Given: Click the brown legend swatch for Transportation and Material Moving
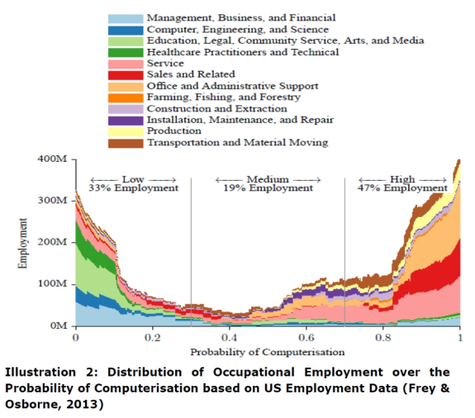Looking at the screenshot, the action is pyautogui.click(x=126, y=143).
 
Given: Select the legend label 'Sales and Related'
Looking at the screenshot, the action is pyautogui.click(x=191, y=74).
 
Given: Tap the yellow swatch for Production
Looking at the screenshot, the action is pyautogui.click(x=126, y=132).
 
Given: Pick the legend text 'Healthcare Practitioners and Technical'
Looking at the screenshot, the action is pyautogui.click(x=243, y=52).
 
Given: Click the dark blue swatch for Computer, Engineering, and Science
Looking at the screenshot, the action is pyautogui.click(x=126, y=31).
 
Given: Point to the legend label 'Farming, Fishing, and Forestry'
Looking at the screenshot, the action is pyautogui.click(x=224, y=97).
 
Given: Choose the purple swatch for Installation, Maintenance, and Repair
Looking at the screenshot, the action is pyautogui.click(x=126, y=121).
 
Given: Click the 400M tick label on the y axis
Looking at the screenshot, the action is pyautogui.click(x=52, y=159).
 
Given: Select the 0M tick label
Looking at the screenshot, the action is pyautogui.click(x=59, y=325).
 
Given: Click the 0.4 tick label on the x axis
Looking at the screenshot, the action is pyautogui.click(x=230, y=338).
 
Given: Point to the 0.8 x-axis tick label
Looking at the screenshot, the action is pyautogui.click(x=383, y=338).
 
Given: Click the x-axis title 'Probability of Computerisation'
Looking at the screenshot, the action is pyautogui.click(x=267, y=352).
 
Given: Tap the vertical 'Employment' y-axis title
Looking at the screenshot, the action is pyautogui.click(x=23, y=243).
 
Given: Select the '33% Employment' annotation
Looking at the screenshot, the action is pyautogui.click(x=133, y=188).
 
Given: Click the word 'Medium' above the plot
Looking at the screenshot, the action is pyautogui.click(x=268, y=179).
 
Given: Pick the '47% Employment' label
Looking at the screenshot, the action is pyautogui.click(x=402, y=188).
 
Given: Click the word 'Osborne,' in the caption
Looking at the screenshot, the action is pyautogui.click(x=33, y=405).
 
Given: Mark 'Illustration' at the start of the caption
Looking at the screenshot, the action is pyautogui.click(x=40, y=372).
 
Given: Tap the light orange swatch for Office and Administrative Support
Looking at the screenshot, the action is pyautogui.click(x=126, y=87).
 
